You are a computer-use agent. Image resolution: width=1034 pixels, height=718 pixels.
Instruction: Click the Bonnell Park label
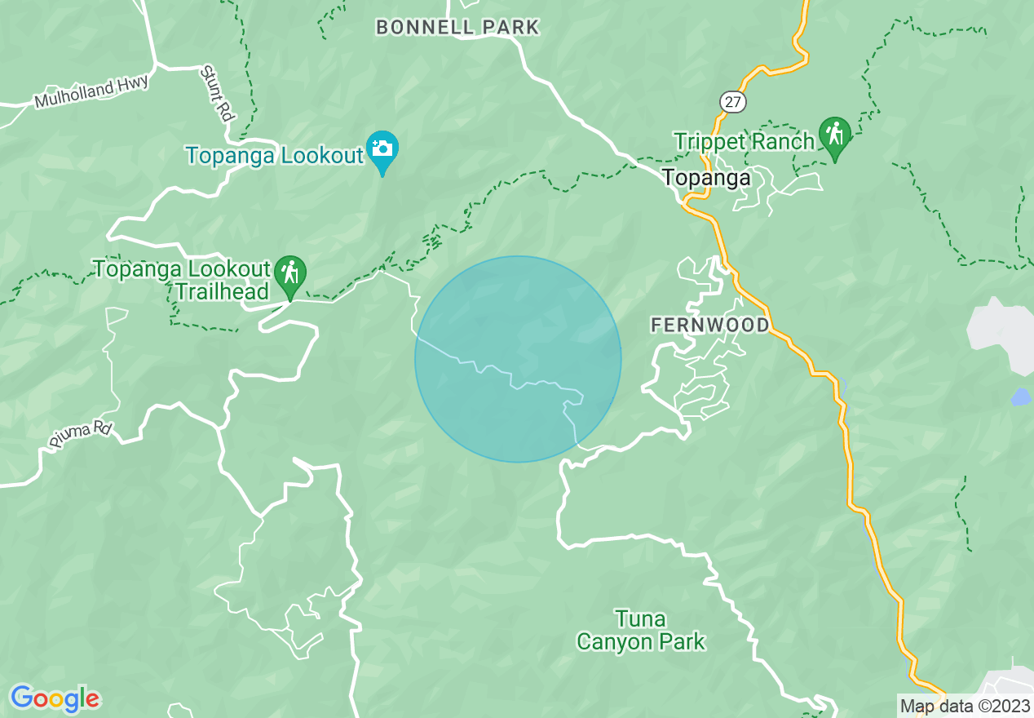coord(457,27)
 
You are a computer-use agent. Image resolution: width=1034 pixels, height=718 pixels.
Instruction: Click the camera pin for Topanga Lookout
coord(382,149)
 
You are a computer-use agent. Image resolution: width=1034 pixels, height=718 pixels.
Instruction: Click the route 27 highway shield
coord(732,100)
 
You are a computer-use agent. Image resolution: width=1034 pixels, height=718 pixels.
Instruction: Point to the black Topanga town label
coord(706,177)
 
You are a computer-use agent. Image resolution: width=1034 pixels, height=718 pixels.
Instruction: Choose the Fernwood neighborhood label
coord(709,326)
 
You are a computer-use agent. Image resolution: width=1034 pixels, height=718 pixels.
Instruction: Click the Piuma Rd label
coord(79,434)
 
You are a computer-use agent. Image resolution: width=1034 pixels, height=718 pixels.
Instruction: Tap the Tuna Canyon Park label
coord(640,630)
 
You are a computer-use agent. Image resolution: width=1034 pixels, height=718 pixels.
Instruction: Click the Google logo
coord(55,698)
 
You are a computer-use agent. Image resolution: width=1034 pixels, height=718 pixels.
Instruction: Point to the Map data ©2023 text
coord(963,706)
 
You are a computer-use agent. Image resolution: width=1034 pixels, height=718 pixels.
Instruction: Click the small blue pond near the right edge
coord(1020,397)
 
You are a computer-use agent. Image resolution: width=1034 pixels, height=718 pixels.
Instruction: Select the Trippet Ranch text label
coord(744,141)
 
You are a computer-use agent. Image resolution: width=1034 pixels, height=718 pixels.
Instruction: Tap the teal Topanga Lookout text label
coord(274,155)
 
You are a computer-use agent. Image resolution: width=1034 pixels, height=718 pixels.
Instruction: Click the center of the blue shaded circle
coord(518,359)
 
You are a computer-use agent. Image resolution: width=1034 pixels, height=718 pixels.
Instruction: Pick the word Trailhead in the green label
coord(223,291)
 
